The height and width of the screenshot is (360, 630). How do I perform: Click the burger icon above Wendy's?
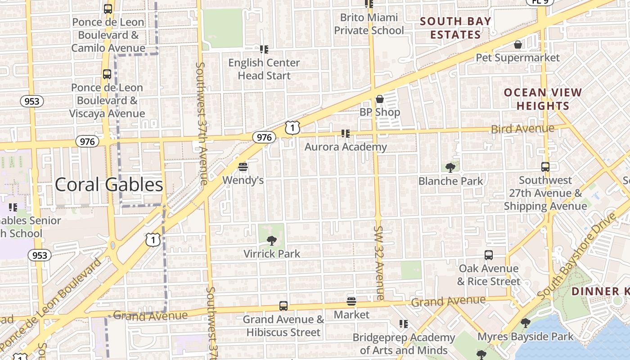pos(243,167)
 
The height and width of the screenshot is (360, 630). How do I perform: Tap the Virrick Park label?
pos(271,253)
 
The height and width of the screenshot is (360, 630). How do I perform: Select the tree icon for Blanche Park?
pos(450,168)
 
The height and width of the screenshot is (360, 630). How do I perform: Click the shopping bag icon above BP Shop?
pos(380,99)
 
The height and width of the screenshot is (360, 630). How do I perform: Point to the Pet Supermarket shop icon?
pos(518,45)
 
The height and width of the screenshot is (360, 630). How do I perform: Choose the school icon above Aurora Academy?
pos(345,133)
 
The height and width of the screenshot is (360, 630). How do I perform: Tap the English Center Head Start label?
pos(264,69)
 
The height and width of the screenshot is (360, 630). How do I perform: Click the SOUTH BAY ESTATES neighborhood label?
pos(455,28)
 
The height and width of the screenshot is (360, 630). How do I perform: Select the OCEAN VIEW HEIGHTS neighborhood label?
pos(543,99)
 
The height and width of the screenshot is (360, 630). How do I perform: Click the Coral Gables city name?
pos(109,184)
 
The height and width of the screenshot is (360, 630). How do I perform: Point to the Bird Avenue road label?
pos(522,129)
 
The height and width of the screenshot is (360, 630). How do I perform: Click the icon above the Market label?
pos(351,301)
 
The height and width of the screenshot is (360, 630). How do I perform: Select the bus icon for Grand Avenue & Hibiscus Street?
pos(283,306)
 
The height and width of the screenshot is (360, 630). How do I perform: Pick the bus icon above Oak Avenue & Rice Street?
pos(489,255)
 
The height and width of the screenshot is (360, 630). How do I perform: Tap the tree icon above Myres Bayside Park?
pos(525,323)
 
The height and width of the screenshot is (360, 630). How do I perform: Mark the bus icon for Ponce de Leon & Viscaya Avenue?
pos(107,74)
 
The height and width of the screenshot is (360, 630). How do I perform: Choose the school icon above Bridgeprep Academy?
pos(404,324)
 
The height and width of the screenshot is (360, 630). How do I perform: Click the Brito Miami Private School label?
pos(369,24)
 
